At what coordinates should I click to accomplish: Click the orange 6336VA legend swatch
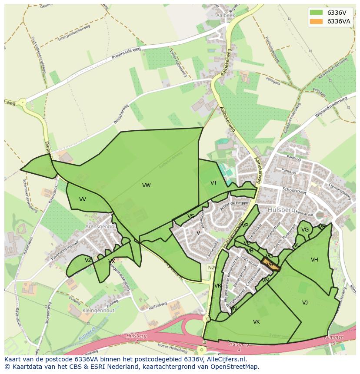click(316, 21)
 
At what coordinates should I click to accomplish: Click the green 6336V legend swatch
click(316, 12)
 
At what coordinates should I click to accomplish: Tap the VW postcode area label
click(146, 185)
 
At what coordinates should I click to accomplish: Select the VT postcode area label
click(213, 183)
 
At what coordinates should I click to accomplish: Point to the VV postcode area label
click(83, 199)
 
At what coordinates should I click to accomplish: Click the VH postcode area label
click(314, 260)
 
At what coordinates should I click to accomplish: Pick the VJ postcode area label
click(305, 302)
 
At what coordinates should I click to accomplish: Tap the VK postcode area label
click(257, 322)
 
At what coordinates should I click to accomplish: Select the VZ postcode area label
click(88, 260)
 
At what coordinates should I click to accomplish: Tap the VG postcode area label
click(305, 230)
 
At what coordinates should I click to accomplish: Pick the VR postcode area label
click(218, 285)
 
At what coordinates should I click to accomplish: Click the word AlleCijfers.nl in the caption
click(225, 360)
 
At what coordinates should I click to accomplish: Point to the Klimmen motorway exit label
click(334, 337)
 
